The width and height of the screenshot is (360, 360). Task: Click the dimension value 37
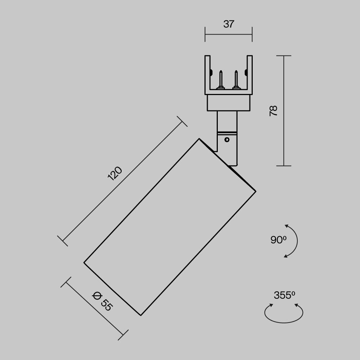229,24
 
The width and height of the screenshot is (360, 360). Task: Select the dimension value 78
274,111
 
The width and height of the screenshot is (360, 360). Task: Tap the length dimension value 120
115,174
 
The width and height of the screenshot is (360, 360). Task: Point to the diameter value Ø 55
103,302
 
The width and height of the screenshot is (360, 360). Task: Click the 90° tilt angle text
278,240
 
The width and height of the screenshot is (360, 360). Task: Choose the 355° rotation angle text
284,295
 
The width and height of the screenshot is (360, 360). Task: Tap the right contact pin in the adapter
236,79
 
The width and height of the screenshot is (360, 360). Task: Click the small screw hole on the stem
227,139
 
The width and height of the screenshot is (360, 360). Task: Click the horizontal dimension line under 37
229,34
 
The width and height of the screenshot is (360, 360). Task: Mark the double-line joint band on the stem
227,132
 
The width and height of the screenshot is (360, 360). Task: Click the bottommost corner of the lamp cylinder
140,315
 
